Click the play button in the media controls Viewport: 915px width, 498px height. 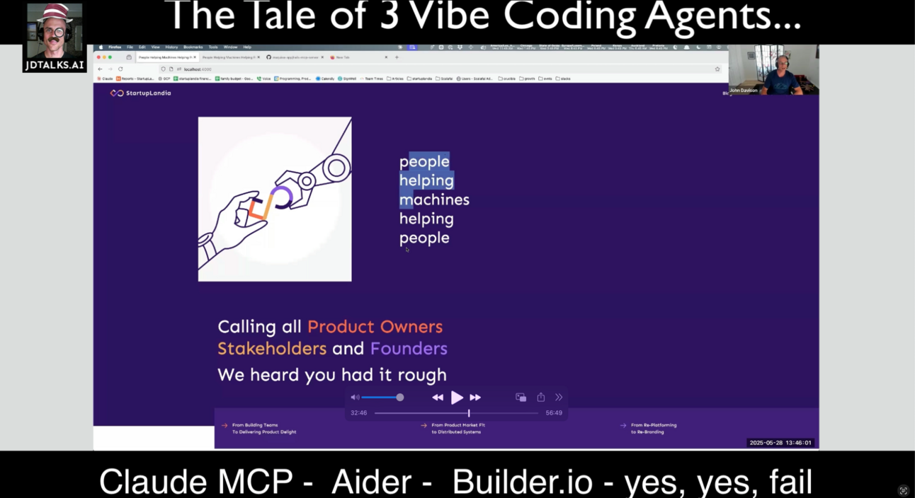click(x=457, y=398)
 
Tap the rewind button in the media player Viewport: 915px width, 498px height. click(x=438, y=398)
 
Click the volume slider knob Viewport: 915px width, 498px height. click(x=400, y=398)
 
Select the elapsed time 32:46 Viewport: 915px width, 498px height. click(x=358, y=413)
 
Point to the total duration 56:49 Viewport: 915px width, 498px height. click(x=554, y=413)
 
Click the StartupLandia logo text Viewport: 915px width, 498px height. click(x=148, y=93)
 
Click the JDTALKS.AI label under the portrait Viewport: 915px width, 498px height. click(x=55, y=65)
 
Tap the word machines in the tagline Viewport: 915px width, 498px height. click(x=434, y=200)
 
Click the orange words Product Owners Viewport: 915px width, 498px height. click(x=375, y=327)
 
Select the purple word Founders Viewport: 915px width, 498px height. click(x=409, y=349)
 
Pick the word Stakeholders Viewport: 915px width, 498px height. click(x=272, y=349)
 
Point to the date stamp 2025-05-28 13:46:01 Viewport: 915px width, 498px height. click(x=780, y=443)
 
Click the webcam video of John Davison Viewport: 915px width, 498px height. click(x=774, y=70)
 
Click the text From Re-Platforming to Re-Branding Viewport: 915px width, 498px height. click(x=654, y=429)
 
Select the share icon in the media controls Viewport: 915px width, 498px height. click(x=541, y=398)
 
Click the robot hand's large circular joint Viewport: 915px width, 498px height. click(x=336, y=168)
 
